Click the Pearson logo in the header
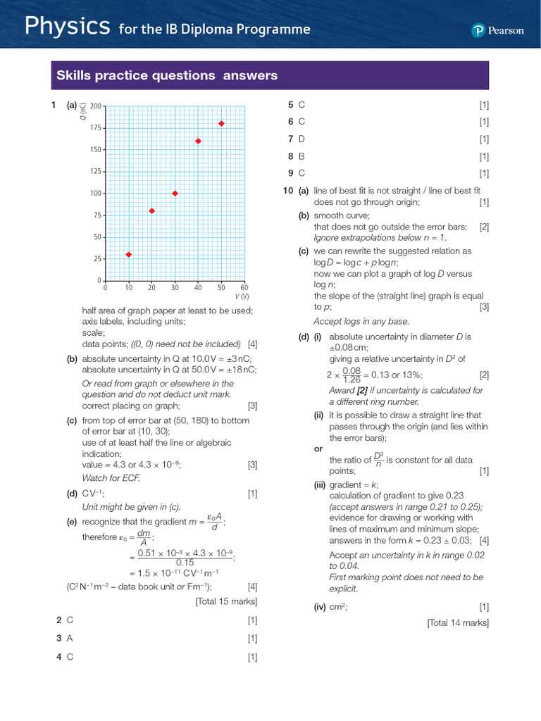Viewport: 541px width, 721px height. tap(498, 30)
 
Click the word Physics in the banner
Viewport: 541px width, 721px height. tap(67, 27)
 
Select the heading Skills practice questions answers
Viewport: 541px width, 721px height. tap(167, 75)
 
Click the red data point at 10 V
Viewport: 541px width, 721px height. tap(128, 254)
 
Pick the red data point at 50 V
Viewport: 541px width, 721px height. tap(221, 123)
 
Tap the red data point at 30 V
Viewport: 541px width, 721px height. tap(175, 193)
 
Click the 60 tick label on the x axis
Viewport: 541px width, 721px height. tap(244, 288)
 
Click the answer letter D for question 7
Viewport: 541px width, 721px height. tap(301, 139)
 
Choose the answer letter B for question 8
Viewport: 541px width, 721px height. tap(301, 156)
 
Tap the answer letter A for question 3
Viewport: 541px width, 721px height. tap(70, 638)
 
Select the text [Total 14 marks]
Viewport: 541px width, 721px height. tap(458, 622)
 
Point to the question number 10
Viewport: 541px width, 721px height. tap(287, 191)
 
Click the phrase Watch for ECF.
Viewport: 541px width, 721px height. tap(111, 478)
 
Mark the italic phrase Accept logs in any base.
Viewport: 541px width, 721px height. tap(361, 321)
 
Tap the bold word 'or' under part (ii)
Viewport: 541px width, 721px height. tap(318, 449)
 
